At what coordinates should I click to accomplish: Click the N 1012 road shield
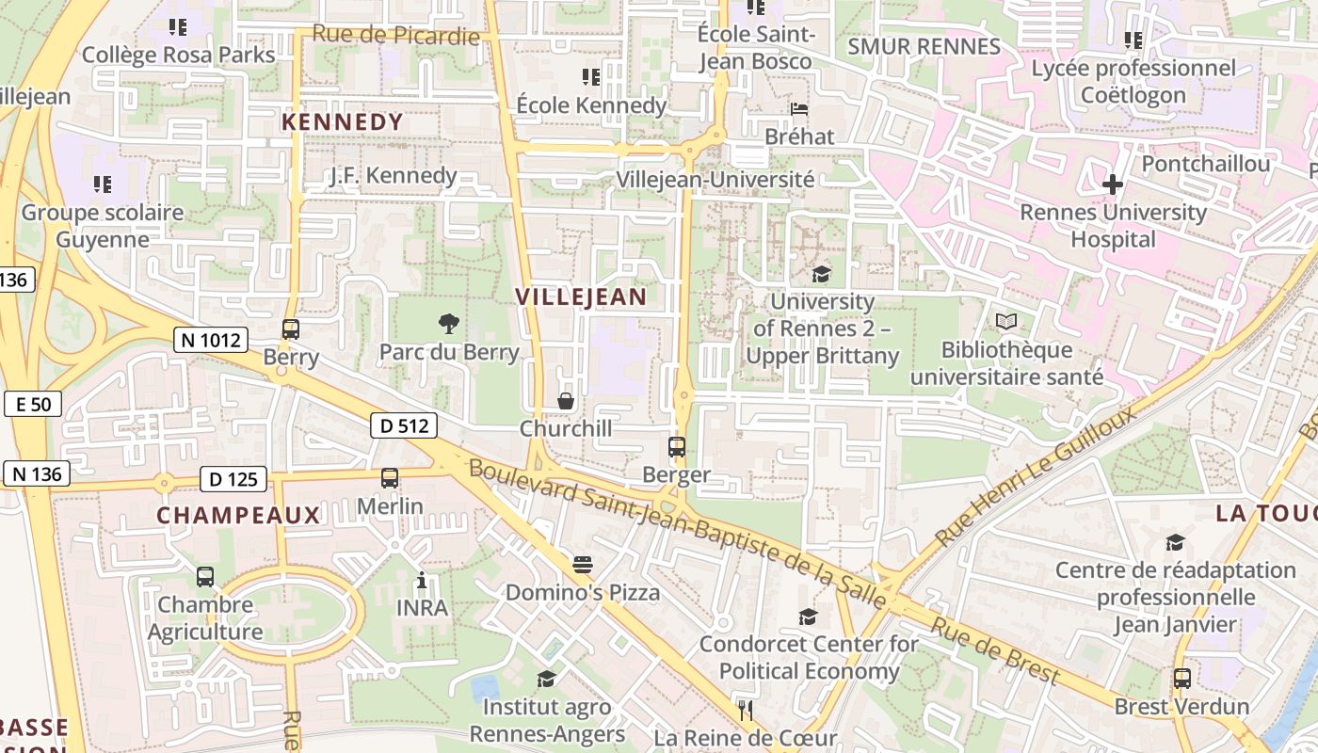pyautogui.click(x=210, y=340)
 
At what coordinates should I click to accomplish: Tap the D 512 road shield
pyautogui.click(x=404, y=425)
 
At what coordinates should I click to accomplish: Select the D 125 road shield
pyautogui.click(x=233, y=479)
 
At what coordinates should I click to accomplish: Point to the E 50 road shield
pyautogui.click(x=33, y=405)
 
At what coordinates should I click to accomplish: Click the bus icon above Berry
pyautogui.click(x=291, y=329)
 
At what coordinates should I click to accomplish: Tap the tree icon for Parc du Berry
pyautogui.click(x=449, y=324)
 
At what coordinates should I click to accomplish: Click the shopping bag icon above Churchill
pyautogui.click(x=566, y=401)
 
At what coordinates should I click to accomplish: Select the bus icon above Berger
pyautogui.click(x=676, y=447)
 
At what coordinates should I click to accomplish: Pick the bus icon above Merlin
pyautogui.click(x=390, y=478)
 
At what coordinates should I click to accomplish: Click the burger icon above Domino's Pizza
pyautogui.click(x=583, y=565)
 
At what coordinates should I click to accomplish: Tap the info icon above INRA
pyautogui.click(x=422, y=580)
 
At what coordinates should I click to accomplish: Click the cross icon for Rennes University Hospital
pyautogui.click(x=1113, y=184)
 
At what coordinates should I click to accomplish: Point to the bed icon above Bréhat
pyautogui.click(x=799, y=109)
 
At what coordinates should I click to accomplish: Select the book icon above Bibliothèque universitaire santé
pyautogui.click(x=1006, y=322)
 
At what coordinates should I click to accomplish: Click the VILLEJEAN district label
pyautogui.click(x=581, y=297)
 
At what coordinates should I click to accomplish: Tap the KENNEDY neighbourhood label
pyautogui.click(x=343, y=122)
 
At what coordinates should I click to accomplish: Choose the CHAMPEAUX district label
pyautogui.click(x=238, y=516)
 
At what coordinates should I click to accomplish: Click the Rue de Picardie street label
pyautogui.click(x=395, y=35)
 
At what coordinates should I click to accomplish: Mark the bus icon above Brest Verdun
pyautogui.click(x=1181, y=678)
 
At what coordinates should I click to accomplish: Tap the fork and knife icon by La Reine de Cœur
pyautogui.click(x=746, y=710)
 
